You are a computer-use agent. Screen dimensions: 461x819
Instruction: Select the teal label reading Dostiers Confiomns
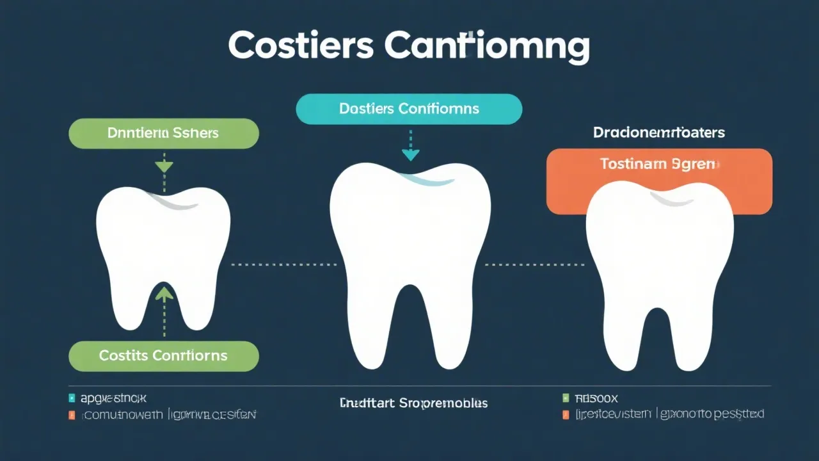click(x=409, y=109)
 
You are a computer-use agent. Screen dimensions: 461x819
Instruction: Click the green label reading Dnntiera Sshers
click(x=163, y=133)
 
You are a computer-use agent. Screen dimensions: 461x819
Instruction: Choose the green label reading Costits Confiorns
click(x=163, y=356)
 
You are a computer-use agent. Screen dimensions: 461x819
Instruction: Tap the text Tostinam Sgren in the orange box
click(x=659, y=165)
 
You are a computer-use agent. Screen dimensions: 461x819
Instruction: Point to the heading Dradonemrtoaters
click(x=658, y=133)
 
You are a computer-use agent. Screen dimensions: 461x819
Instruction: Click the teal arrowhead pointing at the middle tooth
click(x=410, y=155)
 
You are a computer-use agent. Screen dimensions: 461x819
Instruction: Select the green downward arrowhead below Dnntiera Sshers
click(x=164, y=166)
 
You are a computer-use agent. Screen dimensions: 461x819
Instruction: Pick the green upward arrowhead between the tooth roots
click(x=164, y=294)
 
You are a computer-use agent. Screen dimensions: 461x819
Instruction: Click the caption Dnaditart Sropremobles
click(x=413, y=403)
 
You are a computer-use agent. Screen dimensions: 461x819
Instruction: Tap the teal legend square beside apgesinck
click(x=72, y=398)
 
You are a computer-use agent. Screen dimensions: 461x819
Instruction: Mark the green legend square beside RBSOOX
click(x=565, y=398)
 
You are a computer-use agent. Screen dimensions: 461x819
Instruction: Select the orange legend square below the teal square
click(x=72, y=415)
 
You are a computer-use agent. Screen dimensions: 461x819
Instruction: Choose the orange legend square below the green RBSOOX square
click(x=565, y=415)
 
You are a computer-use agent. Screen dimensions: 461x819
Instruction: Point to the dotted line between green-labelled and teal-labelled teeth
click(x=283, y=264)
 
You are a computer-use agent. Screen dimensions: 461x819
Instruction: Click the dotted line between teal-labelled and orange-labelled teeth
click(x=535, y=264)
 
